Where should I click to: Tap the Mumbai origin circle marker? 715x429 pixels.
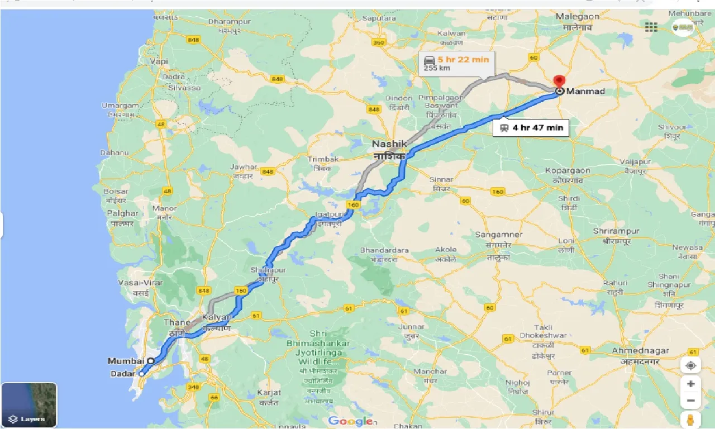click(x=151, y=361)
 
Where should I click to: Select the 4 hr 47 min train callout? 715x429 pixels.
click(x=531, y=128)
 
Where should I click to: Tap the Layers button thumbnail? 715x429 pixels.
click(x=29, y=404)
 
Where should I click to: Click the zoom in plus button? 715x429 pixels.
click(x=691, y=384)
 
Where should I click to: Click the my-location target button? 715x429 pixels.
click(x=691, y=365)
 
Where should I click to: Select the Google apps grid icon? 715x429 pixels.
click(x=651, y=27)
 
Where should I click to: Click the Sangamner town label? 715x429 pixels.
click(x=498, y=235)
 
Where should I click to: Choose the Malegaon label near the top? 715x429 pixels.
click(x=577, y=17)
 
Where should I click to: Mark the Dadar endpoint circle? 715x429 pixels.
click(x=142, y=374)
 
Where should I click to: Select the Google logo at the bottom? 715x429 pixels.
click(x=350, y=421)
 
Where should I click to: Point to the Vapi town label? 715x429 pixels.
click(x=159, y=61)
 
